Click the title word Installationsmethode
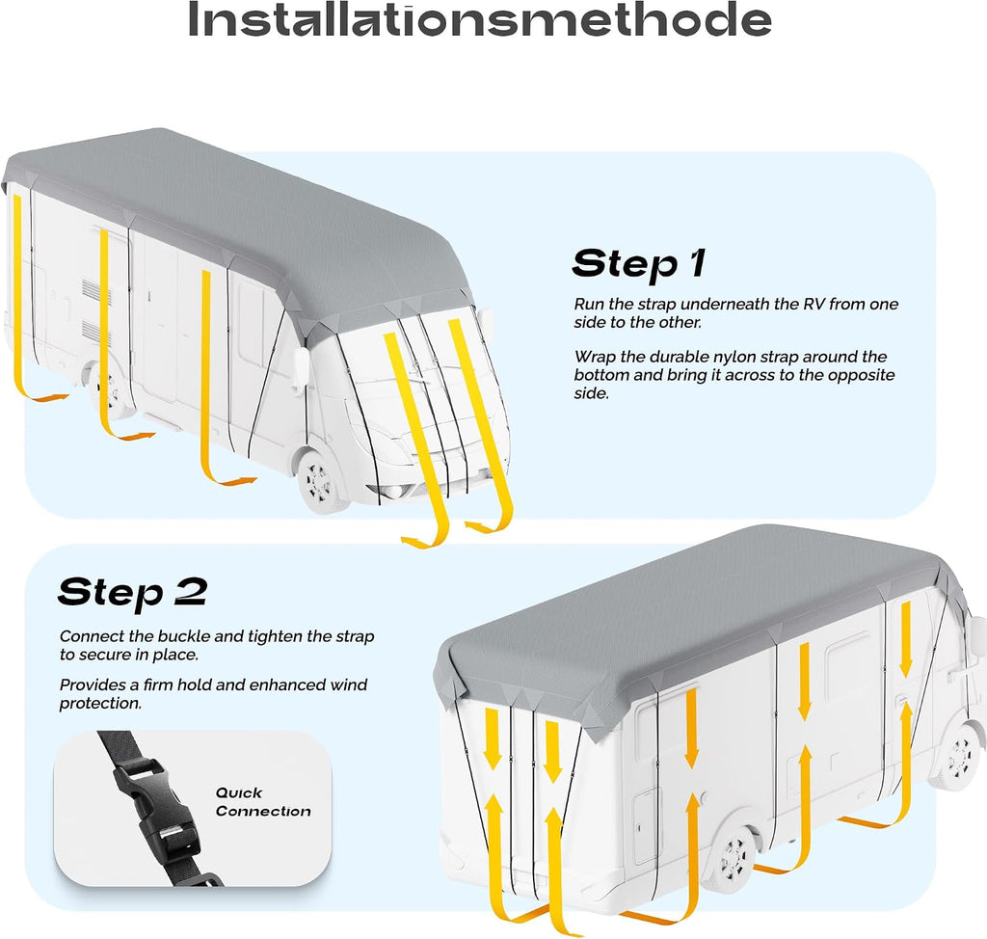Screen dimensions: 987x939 [480, 19]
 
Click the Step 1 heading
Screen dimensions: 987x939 [639, 263]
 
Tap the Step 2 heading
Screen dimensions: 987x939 [132, 592]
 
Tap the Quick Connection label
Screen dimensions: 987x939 [263, 802]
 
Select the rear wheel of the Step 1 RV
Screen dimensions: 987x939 [107, 389]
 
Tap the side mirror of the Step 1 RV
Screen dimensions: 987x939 [301, 366]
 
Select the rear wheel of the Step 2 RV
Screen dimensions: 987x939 [731, 857]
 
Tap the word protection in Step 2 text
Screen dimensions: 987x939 [100, 704]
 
